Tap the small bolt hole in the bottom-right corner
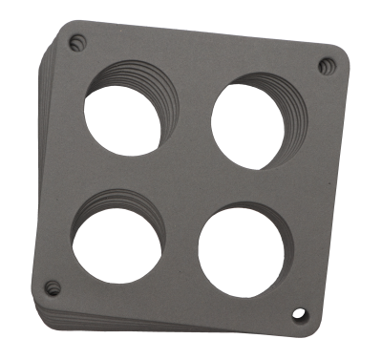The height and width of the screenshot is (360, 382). (302, 314)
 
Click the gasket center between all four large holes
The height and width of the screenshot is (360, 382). (181, 186)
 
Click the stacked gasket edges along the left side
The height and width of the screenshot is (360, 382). (41, 172)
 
